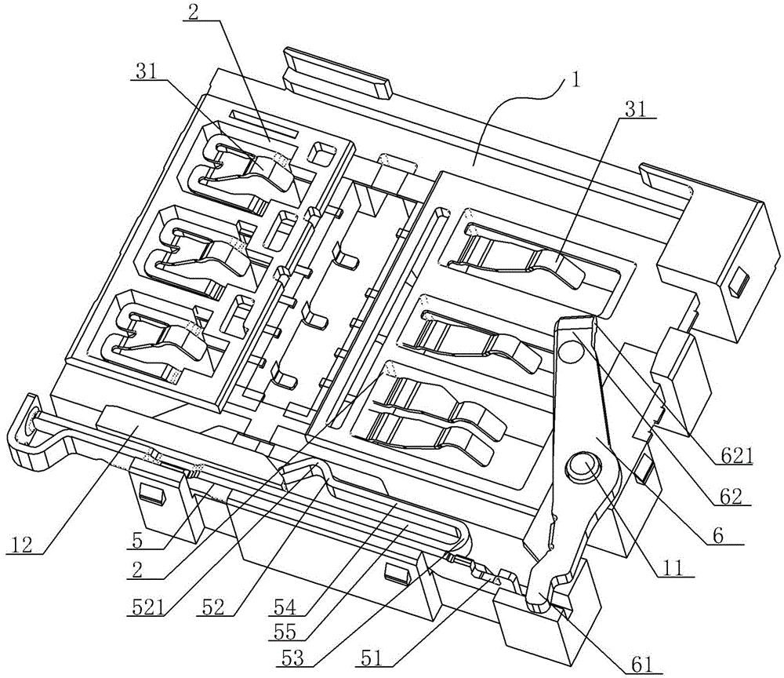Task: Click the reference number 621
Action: (x=733, y=457)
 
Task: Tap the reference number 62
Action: (x=728, y=498)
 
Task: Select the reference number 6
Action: (x=717, y=536)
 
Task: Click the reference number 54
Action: (x=285, y=607)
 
